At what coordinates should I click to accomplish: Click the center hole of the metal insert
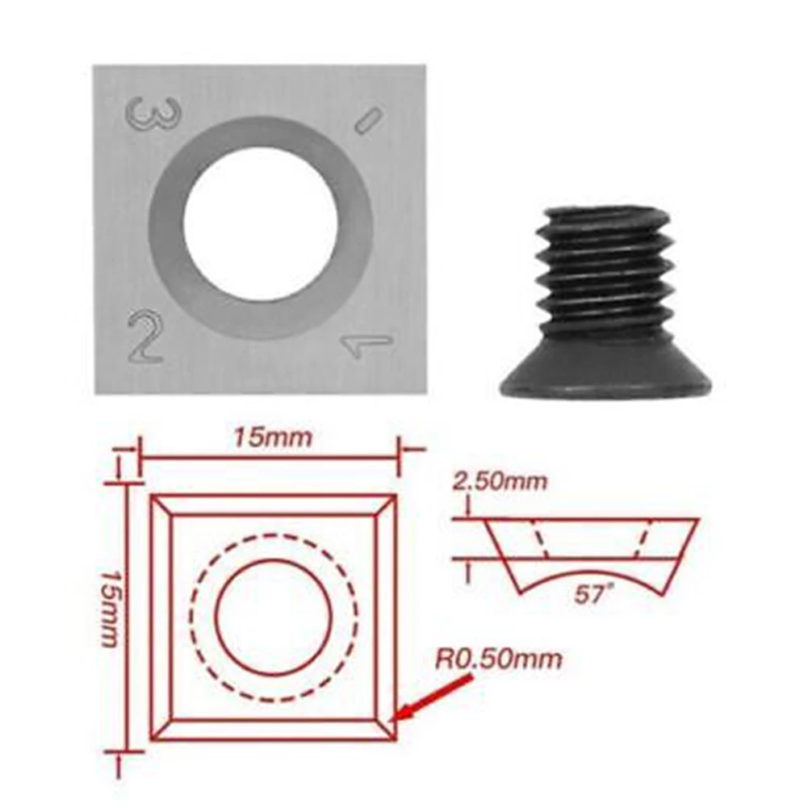coord(260,224)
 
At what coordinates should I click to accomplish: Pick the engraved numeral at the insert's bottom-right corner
coord(366,345)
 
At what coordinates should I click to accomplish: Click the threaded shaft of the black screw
coord(606,274)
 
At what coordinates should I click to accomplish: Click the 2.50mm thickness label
coord(500,482)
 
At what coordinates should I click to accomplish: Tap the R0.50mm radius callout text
coord(499,659)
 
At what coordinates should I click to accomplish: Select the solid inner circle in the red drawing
coord(273,618)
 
